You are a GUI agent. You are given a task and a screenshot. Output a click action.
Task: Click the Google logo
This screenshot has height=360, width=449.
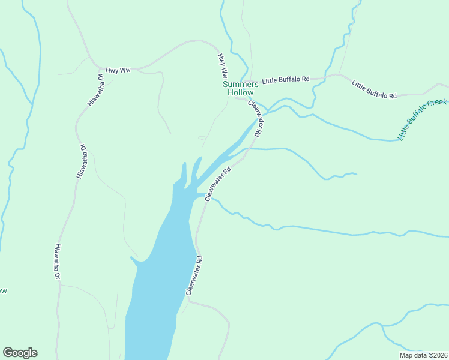pyautogui.click(x=20, y=353)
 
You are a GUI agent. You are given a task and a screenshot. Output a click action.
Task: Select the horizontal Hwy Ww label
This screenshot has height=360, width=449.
pyautogui.click(x=118, y=70)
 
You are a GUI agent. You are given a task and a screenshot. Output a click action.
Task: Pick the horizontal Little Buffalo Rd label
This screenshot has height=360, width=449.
pyautogui.click(x=285, y=79)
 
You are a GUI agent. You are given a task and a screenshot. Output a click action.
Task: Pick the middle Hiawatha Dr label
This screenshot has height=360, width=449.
pyautogui.click(x=82, y=161)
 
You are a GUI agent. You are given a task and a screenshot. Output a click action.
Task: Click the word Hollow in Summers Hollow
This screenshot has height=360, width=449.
pyautogui.click(x=240, y=92)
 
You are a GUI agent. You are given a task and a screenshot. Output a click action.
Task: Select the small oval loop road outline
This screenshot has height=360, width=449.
pyautogui.click(x=203, y=137)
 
